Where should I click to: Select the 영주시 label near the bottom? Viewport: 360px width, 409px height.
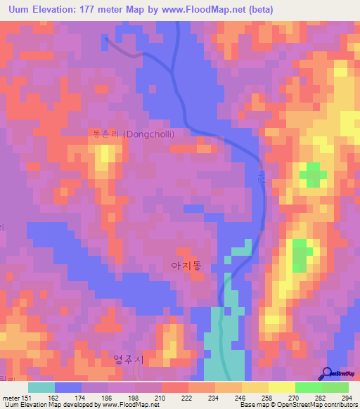click(128, 360)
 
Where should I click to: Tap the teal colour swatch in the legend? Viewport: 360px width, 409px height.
click(41, 387)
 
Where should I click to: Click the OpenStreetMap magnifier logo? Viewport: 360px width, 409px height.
click(326, 375)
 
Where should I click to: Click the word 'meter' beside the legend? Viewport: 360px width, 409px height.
click(11, 398)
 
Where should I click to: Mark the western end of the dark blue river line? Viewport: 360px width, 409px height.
click(105, 39)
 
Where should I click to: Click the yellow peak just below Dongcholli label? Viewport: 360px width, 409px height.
click(103, 155)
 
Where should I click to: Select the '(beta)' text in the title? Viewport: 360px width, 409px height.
click(257, 10)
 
